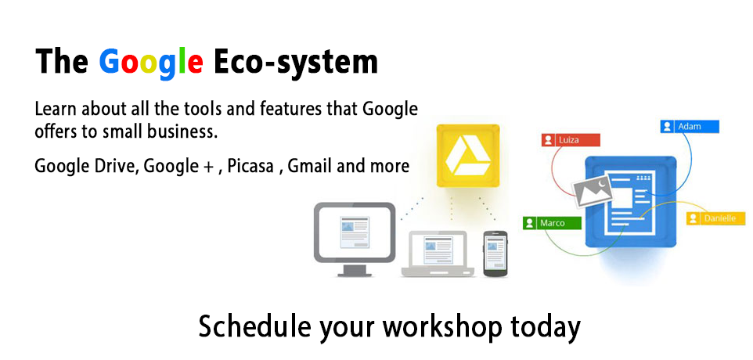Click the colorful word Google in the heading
pos(151,63)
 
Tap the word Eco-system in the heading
pos(296,62)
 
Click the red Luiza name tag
pos(571,140)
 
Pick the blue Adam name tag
pos(689,127)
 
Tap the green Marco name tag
pos(553,223)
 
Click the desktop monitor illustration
pos(355,239)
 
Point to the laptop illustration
pos(438,254)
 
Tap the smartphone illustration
pos(495,254)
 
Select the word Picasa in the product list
pos(250,166)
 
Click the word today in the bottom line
pos(545,327)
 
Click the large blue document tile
pos(631,202)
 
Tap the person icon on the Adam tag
pos(667,127)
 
